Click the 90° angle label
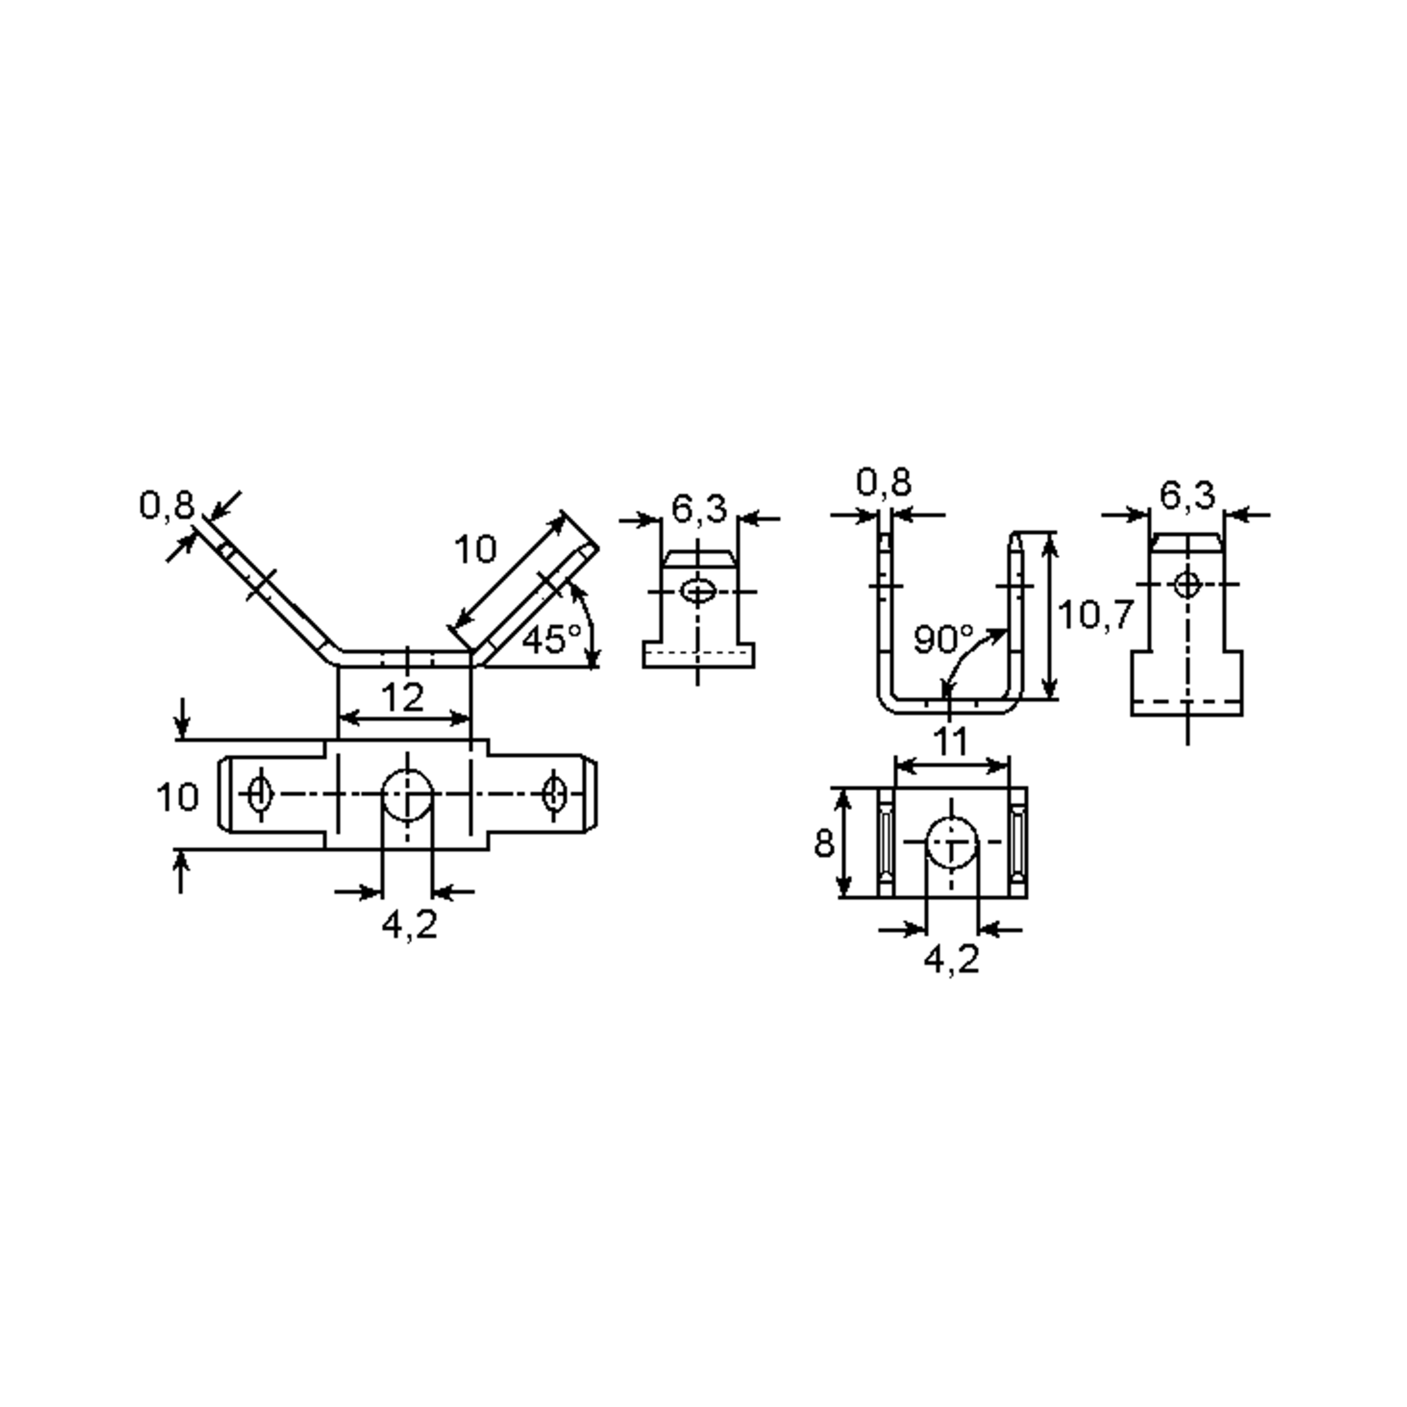(x=943, y=640)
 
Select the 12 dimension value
(x=403, y=698)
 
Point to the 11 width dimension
(x=950, y=742)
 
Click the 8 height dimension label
(x=824, y=844)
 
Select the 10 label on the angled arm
(x=475, y=549)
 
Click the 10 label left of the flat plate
(x=177, y=797)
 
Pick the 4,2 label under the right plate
(x=951, y=960)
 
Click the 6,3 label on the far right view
(x=1187, y=496)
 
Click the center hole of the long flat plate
(x=408, y=794)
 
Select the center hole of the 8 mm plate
(x=951, y=842)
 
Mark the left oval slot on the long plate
(x=259, y=794)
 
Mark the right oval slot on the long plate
(x=555, y=794)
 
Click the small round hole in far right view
(x=1188, y=584)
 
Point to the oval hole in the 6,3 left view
(x=698, y=592)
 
